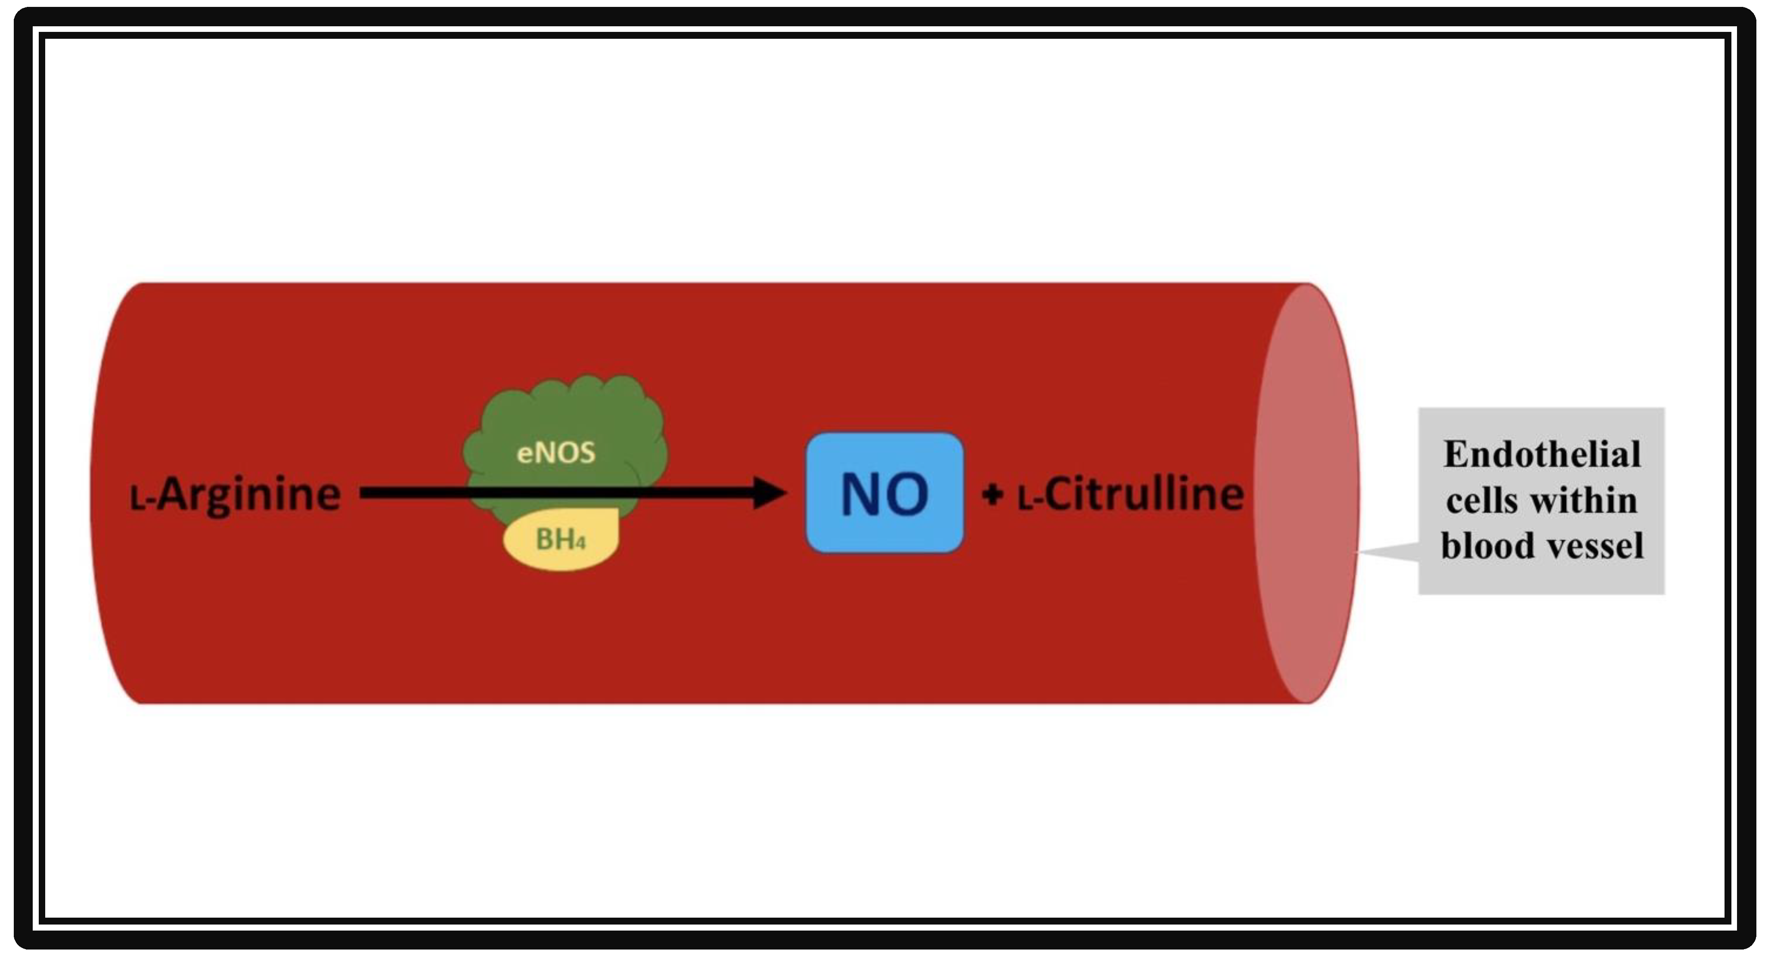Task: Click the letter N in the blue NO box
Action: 862,494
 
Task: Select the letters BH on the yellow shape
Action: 554,539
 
